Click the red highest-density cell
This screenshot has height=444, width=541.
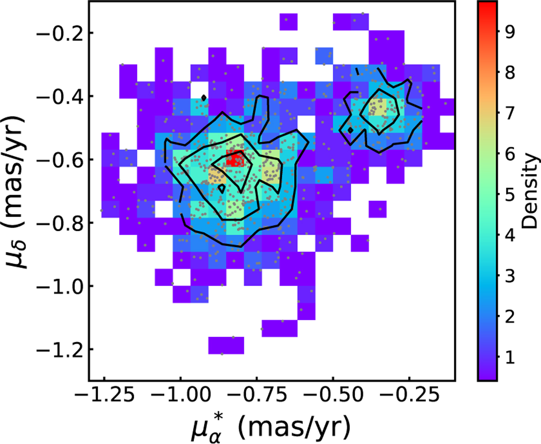pyautogui.click(x=235, y=159)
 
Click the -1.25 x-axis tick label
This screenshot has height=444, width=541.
pyautogui.click(x=105, y=396)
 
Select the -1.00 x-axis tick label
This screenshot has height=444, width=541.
pyautogui.click(x=180, y=396)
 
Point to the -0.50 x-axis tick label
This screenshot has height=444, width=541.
pyautogui.click(x=332, y=396)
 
